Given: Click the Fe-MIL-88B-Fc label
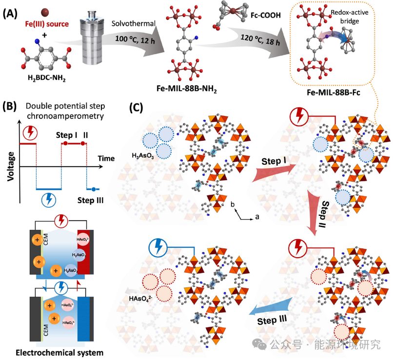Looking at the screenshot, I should pos(340,93).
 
